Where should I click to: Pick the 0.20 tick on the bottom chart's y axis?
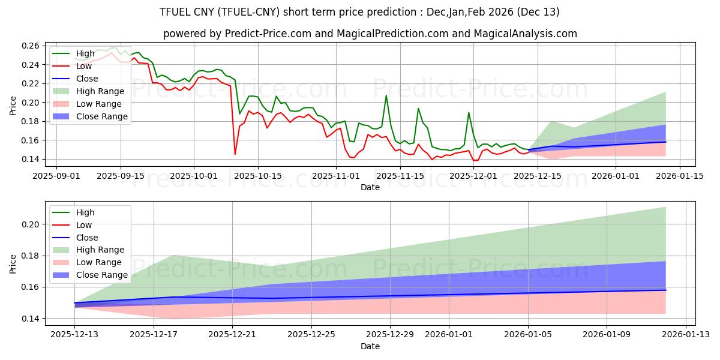point(31,224)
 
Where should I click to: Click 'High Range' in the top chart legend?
point(100,91)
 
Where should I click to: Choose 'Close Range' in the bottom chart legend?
point(102,275)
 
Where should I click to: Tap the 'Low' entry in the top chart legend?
point(83,66)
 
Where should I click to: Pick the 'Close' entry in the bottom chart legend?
point(87,238)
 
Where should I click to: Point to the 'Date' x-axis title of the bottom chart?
point(370,346)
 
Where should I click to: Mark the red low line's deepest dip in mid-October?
point(235,154)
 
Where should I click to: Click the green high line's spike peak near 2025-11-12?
point(386,95)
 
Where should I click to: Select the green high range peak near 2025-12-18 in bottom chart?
point(173,256)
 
